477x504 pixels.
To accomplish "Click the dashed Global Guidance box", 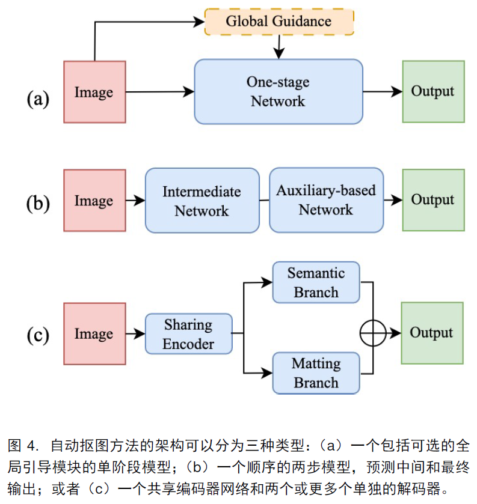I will coord(279,22).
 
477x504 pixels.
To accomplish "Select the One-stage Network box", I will coord(279,91).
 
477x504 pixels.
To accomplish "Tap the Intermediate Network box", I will coord(202,201).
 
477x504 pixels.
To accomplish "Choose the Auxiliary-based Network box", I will coord(326,200).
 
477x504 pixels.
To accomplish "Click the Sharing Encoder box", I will coord(188,334).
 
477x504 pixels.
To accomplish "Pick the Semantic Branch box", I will coord(316,282).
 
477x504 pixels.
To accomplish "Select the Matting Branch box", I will coord(316,373).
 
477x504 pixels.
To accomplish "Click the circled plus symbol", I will coord(372,333).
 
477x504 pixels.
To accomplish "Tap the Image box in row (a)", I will coord(94,92).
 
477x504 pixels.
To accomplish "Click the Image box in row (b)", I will coord(94,201).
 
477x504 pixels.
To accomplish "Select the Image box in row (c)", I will coord(94,334).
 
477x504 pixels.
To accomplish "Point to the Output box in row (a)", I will coord(433,91).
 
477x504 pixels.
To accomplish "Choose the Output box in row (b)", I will coord(433,200).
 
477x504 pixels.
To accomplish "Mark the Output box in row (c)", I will coord(432,333).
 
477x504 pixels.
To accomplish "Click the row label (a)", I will coord(38,98).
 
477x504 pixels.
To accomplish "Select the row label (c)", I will coord(38,336).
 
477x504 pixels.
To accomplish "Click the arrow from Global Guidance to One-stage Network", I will coord(279,47).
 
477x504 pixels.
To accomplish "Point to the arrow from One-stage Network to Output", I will coord(383,91).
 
